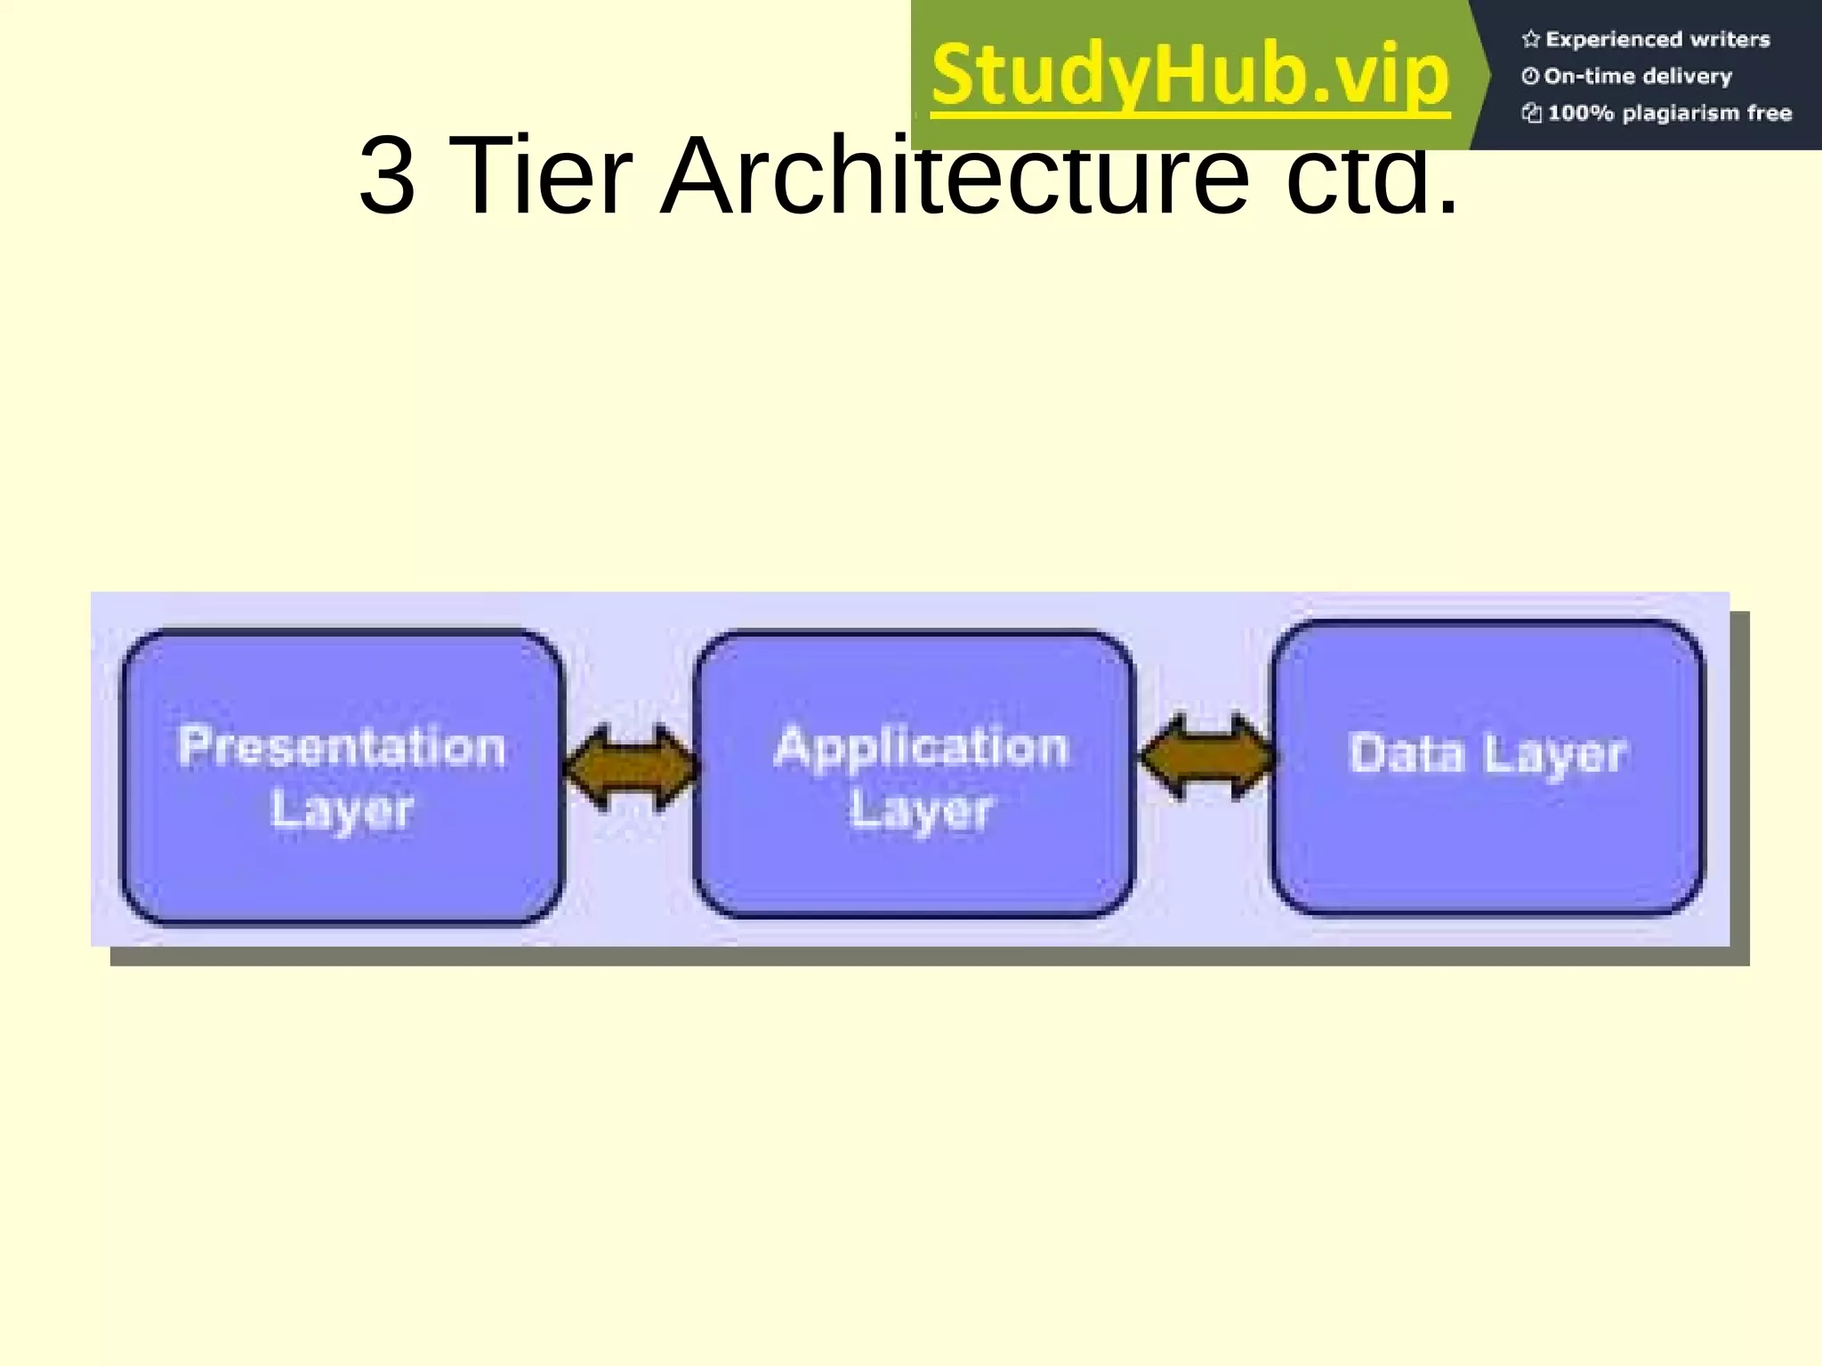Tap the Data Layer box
click(1487, 836)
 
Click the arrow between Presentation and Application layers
click(631, 767)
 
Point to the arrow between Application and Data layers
click(1206, 758)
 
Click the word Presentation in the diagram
click(342, 747)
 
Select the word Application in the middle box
click(921, 747)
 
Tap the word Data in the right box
click(1406, 754)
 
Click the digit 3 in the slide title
click(387, 176)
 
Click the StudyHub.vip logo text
click(1190, 75)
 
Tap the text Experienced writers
click(1657, 39)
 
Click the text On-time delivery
click(1638, 76)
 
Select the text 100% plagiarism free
click(1669, 113)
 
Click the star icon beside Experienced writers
click(1530, 39)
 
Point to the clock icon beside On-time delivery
click(1530, 76)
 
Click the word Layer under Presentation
click(342, 810)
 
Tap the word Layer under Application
click(921, 810)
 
